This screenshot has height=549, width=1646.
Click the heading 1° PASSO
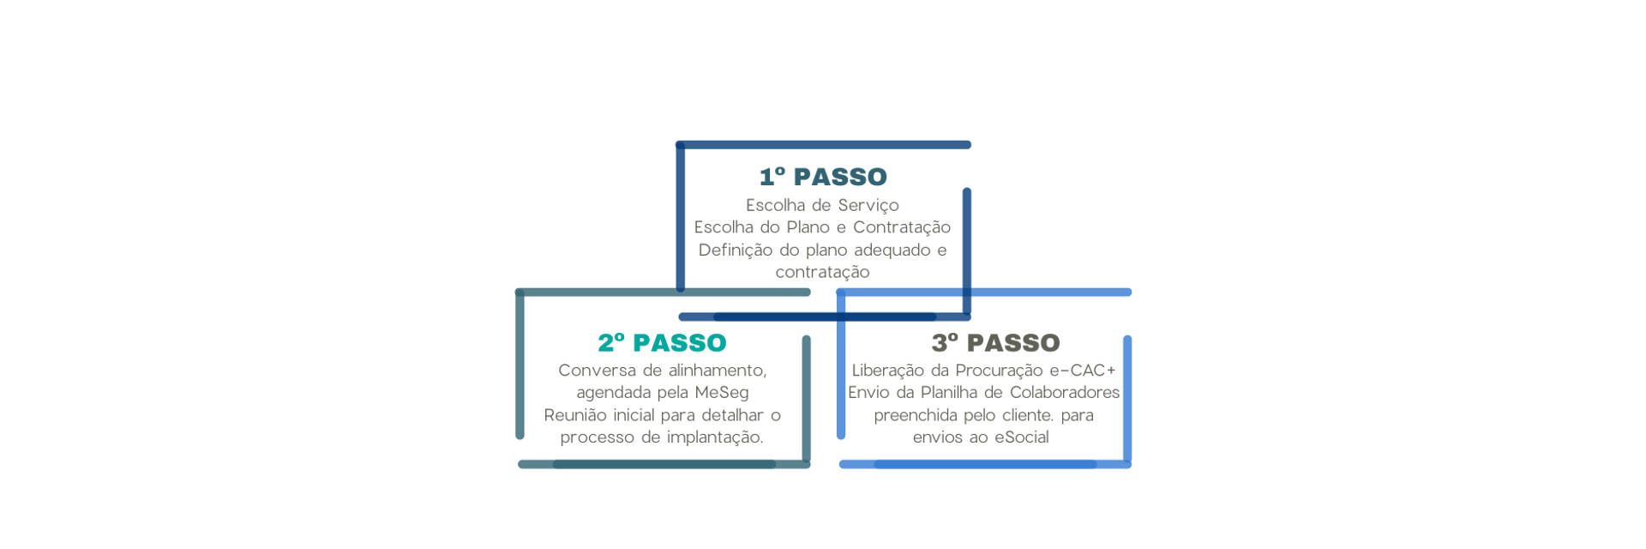coord(822,177)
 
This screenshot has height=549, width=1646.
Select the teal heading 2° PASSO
coord(662,343)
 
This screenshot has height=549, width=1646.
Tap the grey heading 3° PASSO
coord(996,343)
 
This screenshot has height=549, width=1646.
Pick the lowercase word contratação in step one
coord(823,272)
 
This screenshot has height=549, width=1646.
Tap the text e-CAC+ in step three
coord(1090,371)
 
